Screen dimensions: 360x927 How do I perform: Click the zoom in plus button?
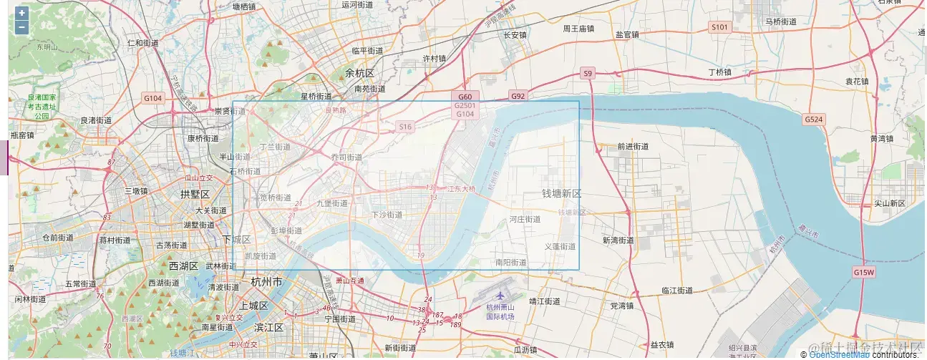pyautogui.click(x=21, y=13)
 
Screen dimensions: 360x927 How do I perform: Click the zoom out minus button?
pyautogui.click(x=21, y=27)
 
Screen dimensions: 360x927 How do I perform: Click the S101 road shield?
pyautogui.click(x=719, y=27)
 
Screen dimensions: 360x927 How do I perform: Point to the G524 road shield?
pyautogui.click(x=813, y=120)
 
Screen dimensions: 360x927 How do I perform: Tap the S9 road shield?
pyautogui.click(x=588, y=73)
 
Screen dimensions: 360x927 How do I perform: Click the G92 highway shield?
pyautogui.click(x=518, y=96)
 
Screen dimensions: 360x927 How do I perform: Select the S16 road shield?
pyautogui.click(x=406, y=127)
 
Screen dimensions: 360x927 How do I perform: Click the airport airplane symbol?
pyautogui.click(x=500, y=296)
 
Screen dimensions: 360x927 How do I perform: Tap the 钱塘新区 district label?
pyautogui.click(x=561, y=194)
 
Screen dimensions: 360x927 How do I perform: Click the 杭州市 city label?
pyautogui.click(x=266, y=281)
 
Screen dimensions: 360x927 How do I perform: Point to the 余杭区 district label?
pyautogui.click(x=359, y=73)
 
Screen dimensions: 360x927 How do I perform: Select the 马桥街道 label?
pyautogui.click(x=781, y=22)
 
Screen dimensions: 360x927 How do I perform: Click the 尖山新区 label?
pyautogui.click(x=889, y=203)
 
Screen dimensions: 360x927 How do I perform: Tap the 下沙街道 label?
pyautogui.click(x=387, y=215)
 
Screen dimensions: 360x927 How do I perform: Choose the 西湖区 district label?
pyautogui.click(x=185, y=266)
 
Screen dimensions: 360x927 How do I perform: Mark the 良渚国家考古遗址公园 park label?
pyautogui.click(x=42, y=106)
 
